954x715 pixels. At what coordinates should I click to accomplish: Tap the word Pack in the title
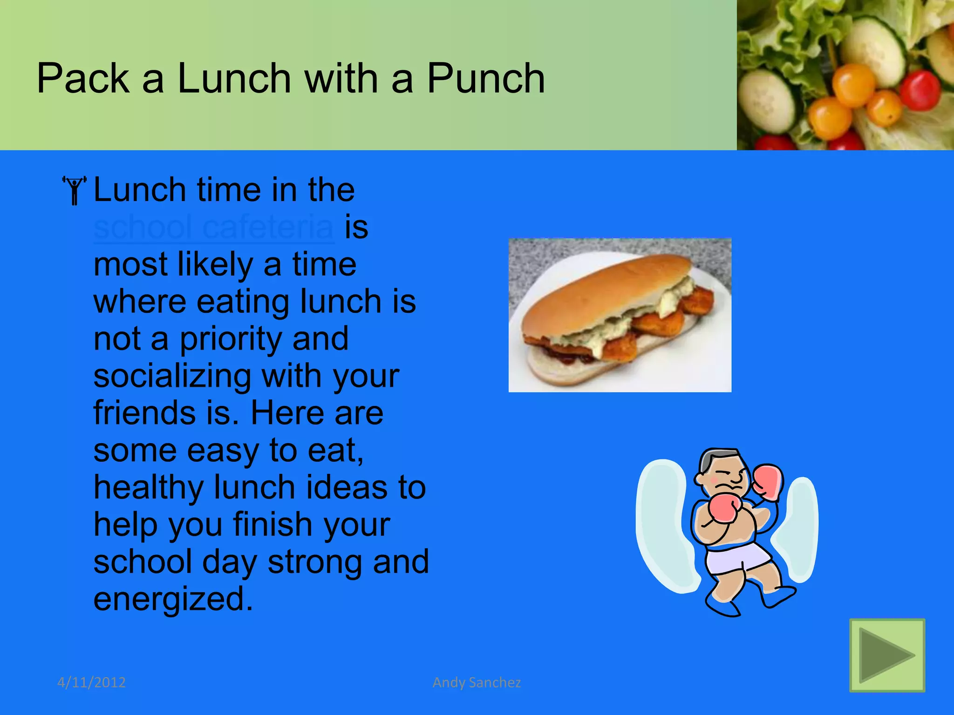[x=82, y=78]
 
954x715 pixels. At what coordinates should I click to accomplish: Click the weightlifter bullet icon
[x=75, y=190]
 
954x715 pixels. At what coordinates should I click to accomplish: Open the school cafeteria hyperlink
[x=214, y=227]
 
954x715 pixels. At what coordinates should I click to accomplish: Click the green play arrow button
[x=887, y=655]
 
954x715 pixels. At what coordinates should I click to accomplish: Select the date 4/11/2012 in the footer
[x=91, y=682]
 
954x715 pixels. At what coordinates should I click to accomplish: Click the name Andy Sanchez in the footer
[x=477, y=682]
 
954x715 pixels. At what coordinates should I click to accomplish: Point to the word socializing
[x=172, y=376]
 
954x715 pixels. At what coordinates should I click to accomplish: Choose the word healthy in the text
[x=149, y=488]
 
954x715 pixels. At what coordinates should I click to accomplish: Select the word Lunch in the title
[x=234, y=78]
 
